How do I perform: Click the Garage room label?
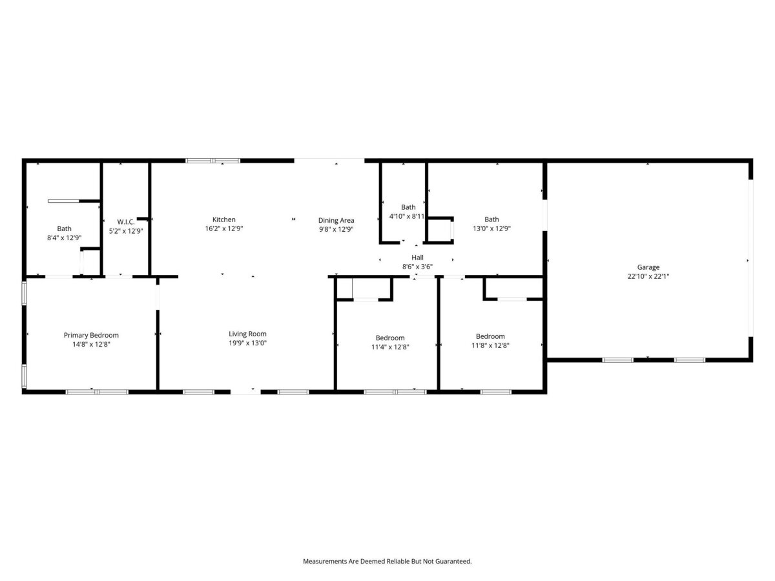click(648, 267)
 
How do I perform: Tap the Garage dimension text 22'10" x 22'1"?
click(648, 276)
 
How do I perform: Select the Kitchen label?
click(224, 219)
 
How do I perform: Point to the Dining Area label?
click(336, 221)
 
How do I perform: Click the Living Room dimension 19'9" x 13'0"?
click(247, 343)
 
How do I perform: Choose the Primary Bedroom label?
click(91, 335)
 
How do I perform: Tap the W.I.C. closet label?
click(126, 222)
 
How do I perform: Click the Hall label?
click(417, 258)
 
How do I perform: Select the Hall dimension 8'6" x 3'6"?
click(417, 267)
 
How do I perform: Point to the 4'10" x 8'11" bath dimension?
click(407, 216)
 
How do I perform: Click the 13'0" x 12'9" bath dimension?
click(491, 229)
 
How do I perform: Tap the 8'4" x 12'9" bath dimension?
click(64, 238)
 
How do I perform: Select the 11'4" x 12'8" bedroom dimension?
click(390, 347)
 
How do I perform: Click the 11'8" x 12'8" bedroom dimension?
click(490, 346)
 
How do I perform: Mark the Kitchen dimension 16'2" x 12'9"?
click(224, 229)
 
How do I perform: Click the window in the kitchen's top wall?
click(213, 161)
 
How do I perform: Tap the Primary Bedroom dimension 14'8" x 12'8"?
click(91, 344)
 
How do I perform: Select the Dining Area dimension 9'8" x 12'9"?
click(336, 229)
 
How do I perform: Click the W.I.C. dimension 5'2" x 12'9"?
click(126, 231)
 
